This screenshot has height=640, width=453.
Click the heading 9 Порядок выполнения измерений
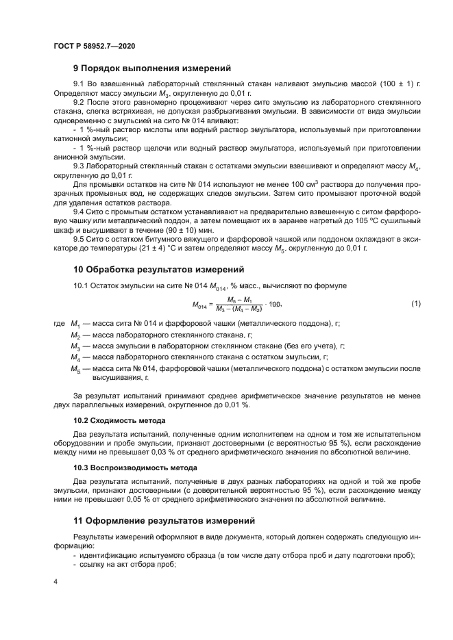(151, 68)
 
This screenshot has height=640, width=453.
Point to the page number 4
(56, 581)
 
